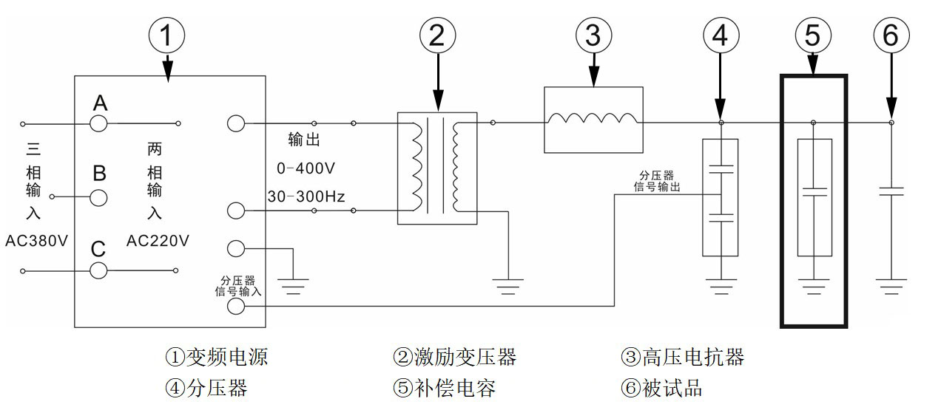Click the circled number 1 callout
167,35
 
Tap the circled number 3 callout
594,35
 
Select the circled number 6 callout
891,35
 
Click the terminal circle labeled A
99,123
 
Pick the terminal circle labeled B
99,197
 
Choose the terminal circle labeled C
99,271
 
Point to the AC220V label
157,241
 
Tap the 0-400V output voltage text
306,168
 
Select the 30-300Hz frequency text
306,197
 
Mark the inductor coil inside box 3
593,120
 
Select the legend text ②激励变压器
454,358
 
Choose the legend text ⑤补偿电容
444,388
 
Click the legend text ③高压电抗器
682,358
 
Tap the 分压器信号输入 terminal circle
236,306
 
